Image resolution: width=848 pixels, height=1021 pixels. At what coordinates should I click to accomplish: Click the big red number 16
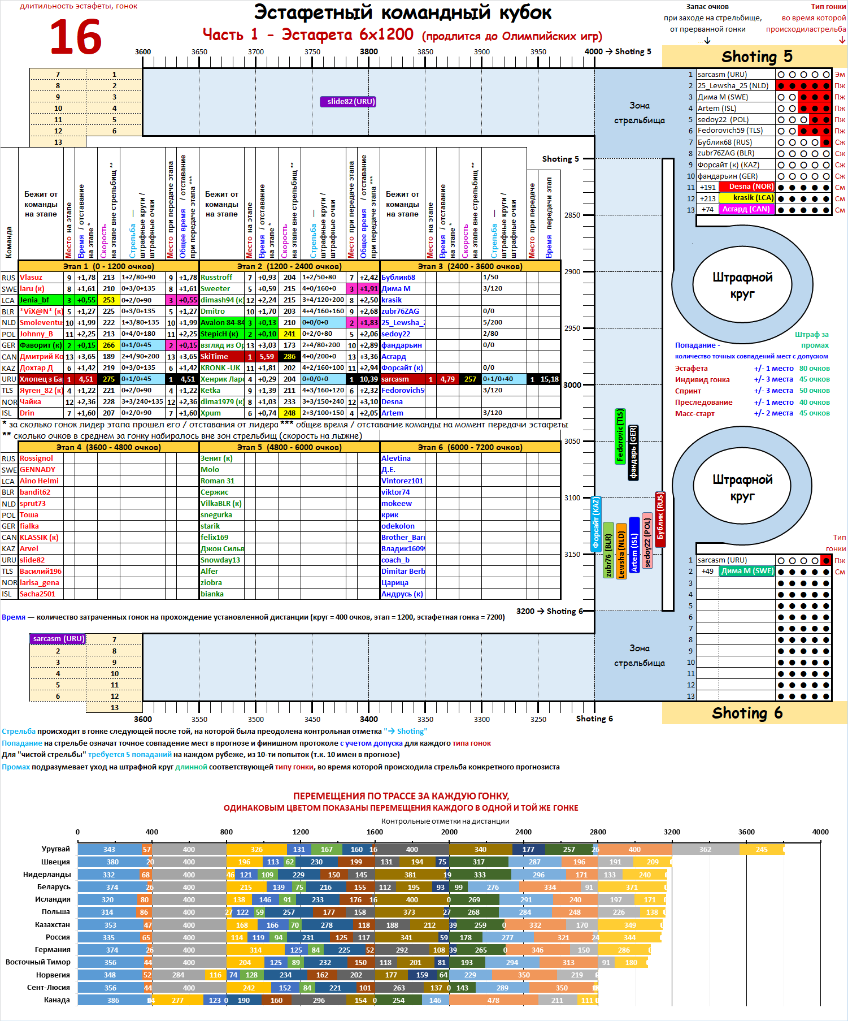point(76,37)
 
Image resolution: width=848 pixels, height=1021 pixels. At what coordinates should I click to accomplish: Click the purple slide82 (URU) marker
point(348,102)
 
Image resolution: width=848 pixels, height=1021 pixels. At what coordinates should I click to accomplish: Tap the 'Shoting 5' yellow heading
point(756,57)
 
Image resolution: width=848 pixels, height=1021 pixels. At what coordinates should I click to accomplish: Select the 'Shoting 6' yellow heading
point(747,713)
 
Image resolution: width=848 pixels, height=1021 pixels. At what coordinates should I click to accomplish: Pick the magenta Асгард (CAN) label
point(746,209)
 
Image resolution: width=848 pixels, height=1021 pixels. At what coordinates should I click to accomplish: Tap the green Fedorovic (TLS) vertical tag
point(620,436)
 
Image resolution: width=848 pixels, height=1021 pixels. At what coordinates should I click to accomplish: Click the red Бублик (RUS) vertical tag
point(660,519)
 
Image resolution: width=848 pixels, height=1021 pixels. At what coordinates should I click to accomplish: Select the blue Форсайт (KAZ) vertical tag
point(595,524)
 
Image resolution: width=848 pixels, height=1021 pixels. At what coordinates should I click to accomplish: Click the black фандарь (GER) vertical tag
point(633,452)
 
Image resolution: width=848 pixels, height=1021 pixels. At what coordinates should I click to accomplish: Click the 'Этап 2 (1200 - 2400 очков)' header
point(289,266)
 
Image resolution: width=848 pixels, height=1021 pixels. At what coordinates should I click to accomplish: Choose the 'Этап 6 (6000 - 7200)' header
point(470,447)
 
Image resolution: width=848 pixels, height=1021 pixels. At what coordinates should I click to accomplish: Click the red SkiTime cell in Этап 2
point(221,357)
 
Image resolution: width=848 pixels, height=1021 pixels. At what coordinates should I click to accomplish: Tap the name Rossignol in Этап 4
point(36,458)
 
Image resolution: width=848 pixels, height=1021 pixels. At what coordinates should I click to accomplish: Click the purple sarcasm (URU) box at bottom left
point(58,639)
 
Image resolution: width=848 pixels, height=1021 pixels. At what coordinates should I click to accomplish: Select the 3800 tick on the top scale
point(369,52)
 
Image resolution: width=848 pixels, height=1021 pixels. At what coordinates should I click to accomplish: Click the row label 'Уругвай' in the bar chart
point(55,849)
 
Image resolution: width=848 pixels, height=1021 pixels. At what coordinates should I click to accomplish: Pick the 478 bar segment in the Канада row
point(493,1000)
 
